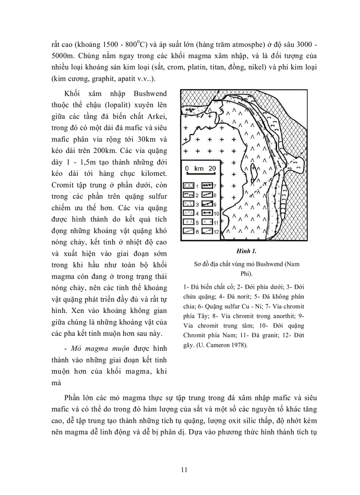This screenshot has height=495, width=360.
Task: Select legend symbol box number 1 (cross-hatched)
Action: pyautogui.click(x=189, y=185)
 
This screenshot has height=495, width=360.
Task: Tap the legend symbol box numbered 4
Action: pyautogui.click(x=189, y=212)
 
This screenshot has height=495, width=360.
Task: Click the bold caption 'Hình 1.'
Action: pyautogui.click(x=247, y=251)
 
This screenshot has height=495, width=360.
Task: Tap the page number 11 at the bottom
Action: pyautogui.click(x=184, y=470)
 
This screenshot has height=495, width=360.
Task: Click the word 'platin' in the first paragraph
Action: pyautogui.click(x=206, y=68)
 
